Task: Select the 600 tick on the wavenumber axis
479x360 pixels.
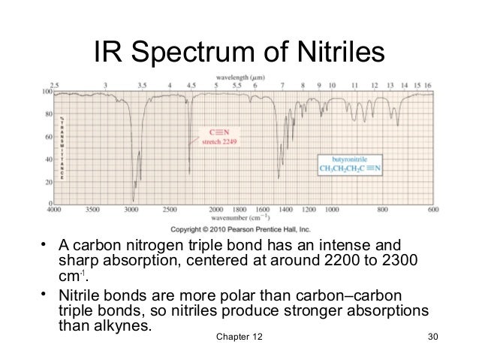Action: [x=434, y=209]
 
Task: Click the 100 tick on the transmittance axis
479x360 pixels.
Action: [x=45, y=92]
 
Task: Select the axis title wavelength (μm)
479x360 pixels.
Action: [x=239, y=78]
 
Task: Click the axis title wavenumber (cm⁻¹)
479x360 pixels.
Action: [x=239, y=217]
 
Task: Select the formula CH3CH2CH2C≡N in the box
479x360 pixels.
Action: [x=351, y=170]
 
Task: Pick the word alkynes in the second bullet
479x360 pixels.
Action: [x=125, y=327]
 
